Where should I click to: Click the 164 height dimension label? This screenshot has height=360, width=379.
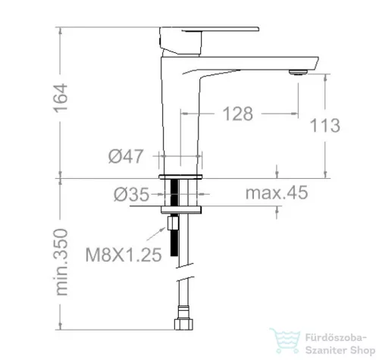click(x=61, y=99)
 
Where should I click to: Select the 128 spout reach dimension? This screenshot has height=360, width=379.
click(x=237, y=114)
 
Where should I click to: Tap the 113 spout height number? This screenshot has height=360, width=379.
click(x=325, y=125)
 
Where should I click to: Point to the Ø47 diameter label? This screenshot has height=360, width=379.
click(x=126, y=156)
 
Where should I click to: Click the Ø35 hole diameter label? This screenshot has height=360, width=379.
click(x=131, y=195)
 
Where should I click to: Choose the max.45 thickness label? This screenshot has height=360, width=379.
click(x=277, y=193)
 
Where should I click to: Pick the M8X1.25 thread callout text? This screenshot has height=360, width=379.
click(x=124, y=255)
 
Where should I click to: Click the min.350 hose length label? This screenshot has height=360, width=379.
click(x=61, y=262)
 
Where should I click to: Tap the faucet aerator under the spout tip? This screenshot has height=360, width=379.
click(x=298, y=73)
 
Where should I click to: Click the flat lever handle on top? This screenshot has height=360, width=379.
click(x=209, y=29)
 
